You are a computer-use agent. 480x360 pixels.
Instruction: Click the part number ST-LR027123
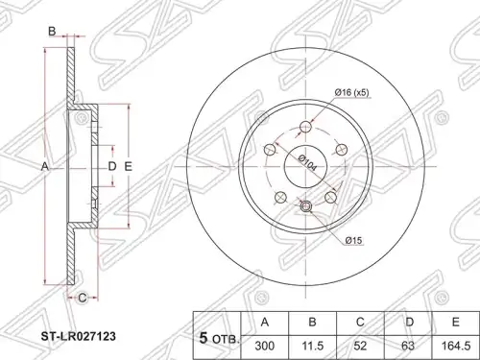coord(78,336)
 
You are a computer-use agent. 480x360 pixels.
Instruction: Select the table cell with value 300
coord(265,346)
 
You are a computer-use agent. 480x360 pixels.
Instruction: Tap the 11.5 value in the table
coord(313,346)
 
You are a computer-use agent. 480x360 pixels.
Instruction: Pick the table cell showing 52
coord(360,346)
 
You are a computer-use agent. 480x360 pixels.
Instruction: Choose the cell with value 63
coord(408,346)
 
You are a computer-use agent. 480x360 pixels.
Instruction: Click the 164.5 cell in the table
coord(455,346)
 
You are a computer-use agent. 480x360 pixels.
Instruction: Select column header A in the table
coord(265,323)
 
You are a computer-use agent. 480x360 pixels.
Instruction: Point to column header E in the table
coord(455,323)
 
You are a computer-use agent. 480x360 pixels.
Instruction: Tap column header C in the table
coord(360,323)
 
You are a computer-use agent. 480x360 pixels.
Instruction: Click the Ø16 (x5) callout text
coord(352,93)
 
